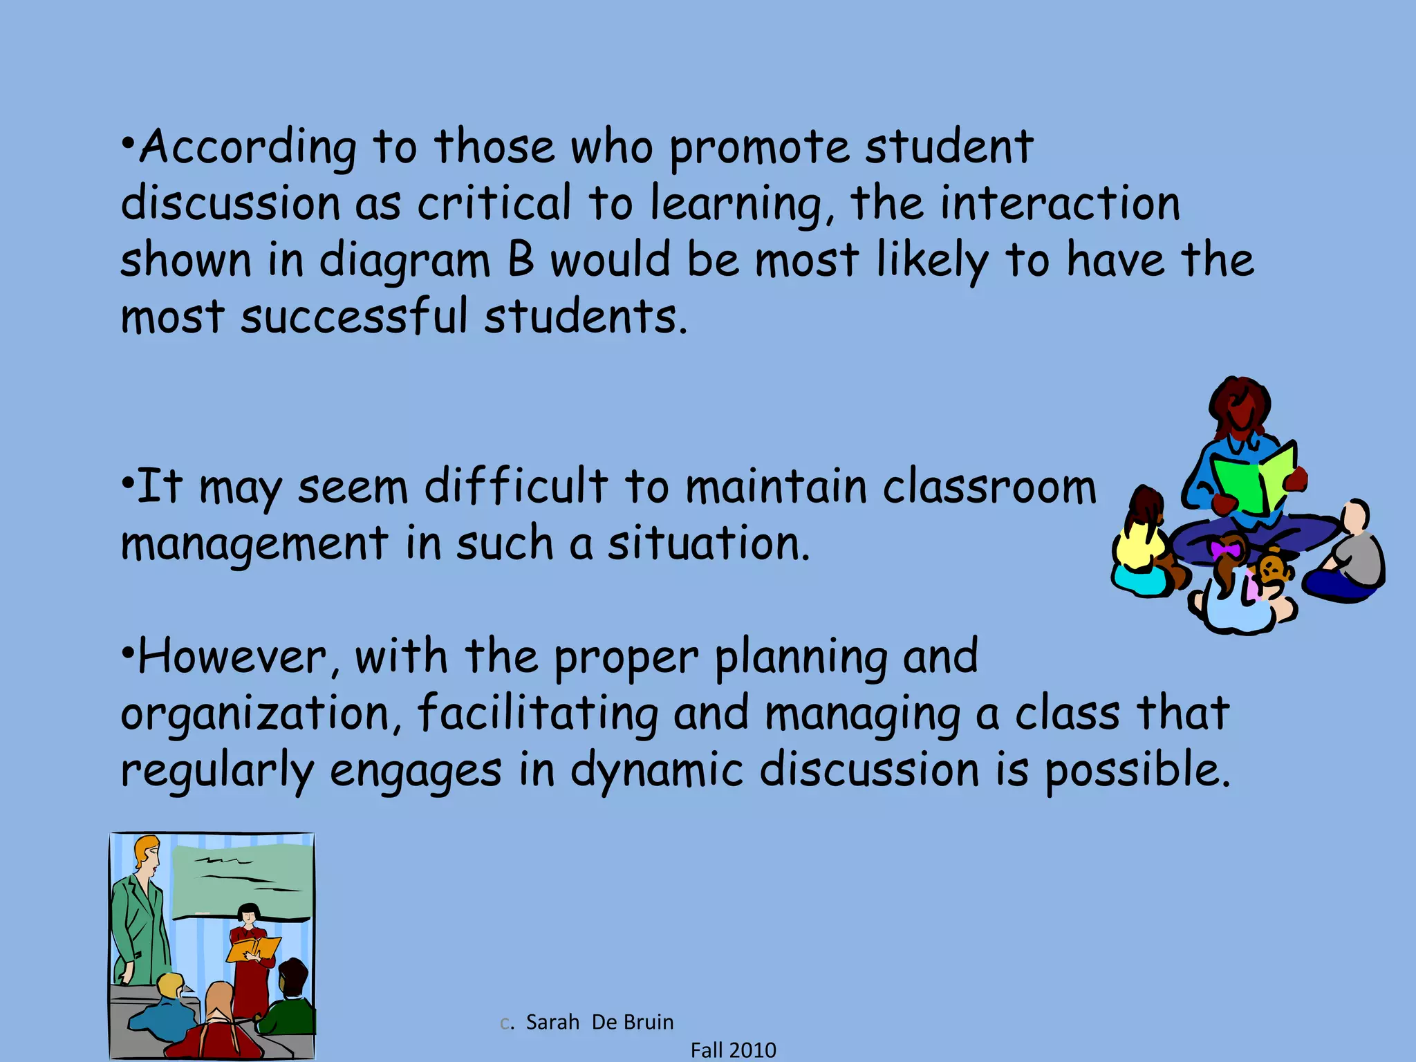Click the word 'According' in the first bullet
click(x=248, y=148)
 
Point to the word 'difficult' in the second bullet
click(x=516, y=486)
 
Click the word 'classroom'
click(x=989, y=486)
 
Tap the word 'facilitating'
click(x=537, y=713)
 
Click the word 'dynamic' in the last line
click(x=656, y=770)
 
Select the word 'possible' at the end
click(x=1137, y=770)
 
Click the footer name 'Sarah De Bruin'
click(x=599, y=1022)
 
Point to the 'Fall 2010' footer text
click(x=733, y=1050)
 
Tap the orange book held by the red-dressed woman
click(x=253, y=949)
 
